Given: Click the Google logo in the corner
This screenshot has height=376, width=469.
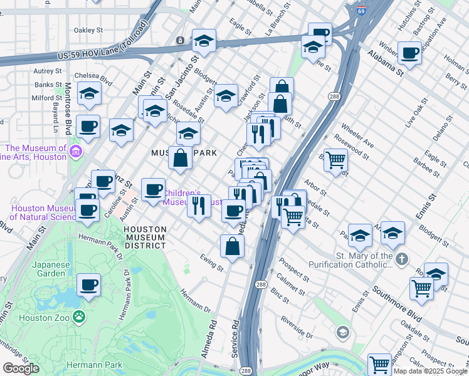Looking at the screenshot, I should (x=21, y=368).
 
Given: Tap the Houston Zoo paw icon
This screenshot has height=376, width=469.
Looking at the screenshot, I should (x=79, y=317).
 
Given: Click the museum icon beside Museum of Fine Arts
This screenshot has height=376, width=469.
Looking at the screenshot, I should (x=76, y=152).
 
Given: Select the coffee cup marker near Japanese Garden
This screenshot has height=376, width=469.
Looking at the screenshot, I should (x=88, y=286).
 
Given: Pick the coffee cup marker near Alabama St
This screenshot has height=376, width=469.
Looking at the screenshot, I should (x=409, y=54).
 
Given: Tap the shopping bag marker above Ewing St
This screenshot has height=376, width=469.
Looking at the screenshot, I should (x=232, y=246).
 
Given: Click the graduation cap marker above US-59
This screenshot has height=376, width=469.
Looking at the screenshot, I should (x=204, y=41).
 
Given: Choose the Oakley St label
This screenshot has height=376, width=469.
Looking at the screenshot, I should (x=88, y=29).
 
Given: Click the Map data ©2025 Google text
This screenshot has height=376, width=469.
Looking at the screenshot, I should (x=430, y=371).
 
